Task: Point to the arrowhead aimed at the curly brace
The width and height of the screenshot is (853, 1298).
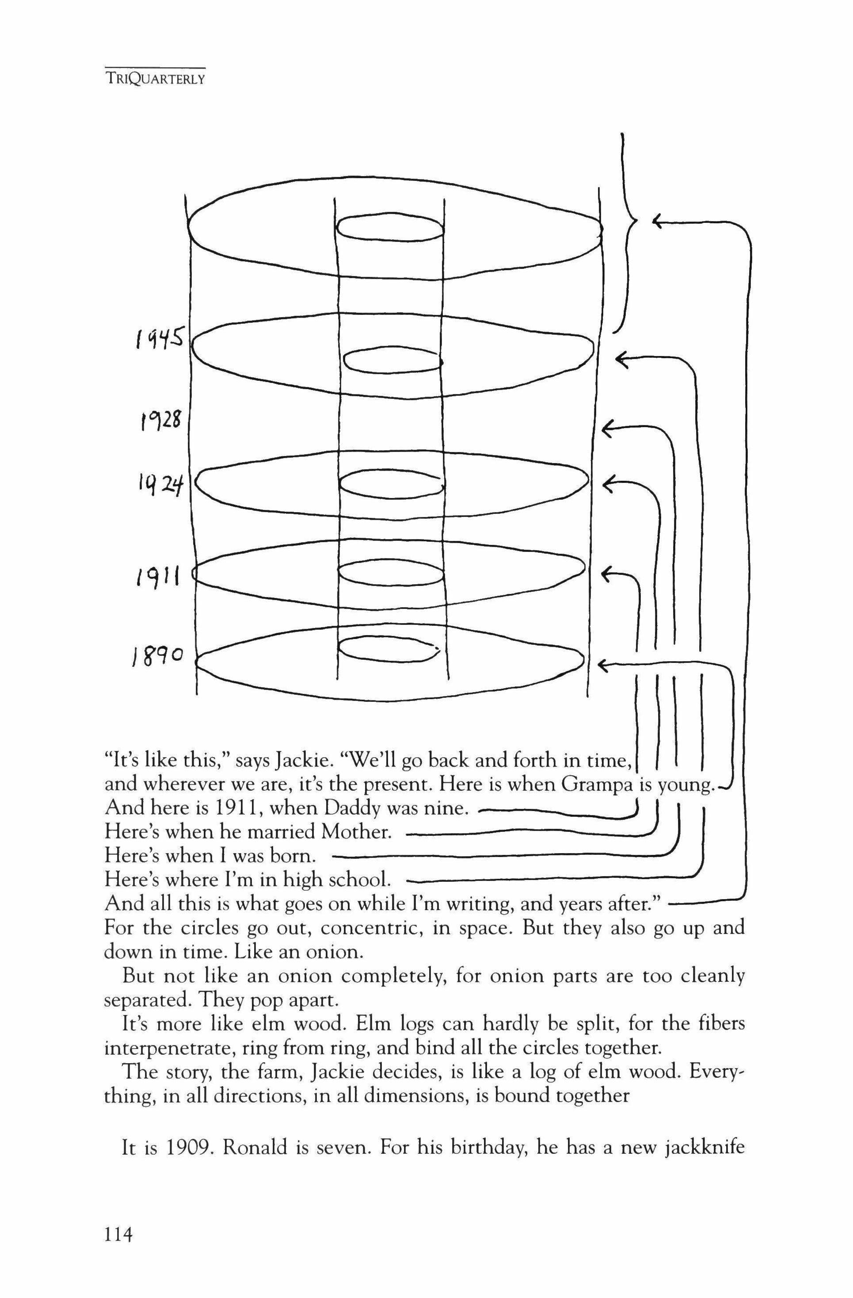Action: [657, 221]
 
